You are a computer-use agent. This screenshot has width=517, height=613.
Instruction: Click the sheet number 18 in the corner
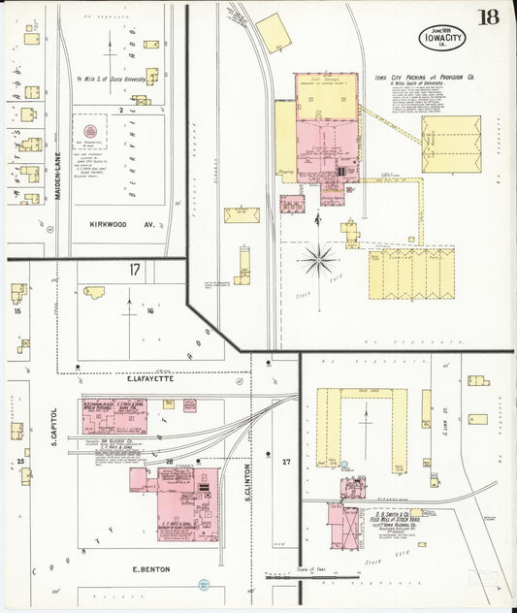click(487, 16)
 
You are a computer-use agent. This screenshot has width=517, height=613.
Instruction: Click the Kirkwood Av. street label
click(114, 222)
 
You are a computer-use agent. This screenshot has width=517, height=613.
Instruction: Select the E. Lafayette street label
click(149, 378)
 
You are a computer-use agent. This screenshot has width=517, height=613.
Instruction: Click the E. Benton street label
click(148, 569)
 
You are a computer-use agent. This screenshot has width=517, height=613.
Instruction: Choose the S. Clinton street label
click(249, 479)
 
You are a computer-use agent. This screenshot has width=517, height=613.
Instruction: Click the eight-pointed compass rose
click(318, 260)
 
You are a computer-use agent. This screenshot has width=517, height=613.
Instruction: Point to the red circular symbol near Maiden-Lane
click(90, 131)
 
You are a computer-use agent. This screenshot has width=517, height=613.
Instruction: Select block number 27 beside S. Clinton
click(285, 463)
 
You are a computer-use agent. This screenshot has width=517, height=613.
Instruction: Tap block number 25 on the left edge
click(18, 460)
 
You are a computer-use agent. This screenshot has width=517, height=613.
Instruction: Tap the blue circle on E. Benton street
click(204, 585)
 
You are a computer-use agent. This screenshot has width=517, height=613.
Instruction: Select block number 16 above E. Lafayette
click(149, 311)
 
